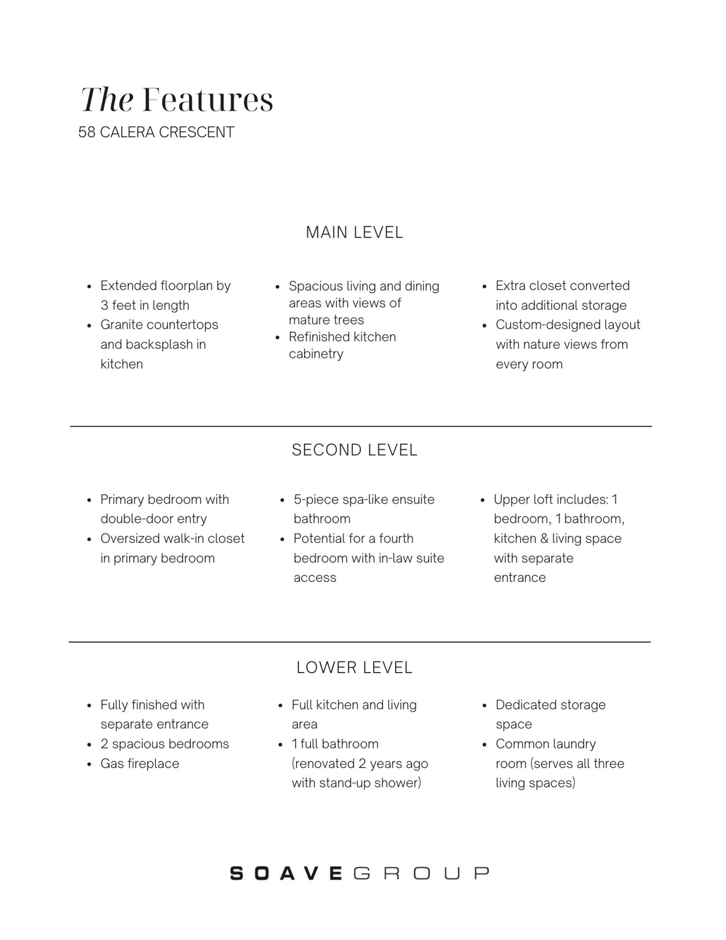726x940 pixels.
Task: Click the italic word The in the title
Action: pos(107,100)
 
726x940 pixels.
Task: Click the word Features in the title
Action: pos(208,100)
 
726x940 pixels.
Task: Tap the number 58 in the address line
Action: pos(86,132)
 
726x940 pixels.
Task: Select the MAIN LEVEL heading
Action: pos(354,233)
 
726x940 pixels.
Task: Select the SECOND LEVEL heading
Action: pos(354,450)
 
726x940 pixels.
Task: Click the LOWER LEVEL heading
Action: pos(354,668)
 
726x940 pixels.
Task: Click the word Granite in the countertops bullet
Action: pos(122,325)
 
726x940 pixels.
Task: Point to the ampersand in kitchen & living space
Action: pos(544,539)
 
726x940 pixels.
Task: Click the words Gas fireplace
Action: pos(139,764)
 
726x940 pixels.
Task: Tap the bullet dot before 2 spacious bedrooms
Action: pos(89,745)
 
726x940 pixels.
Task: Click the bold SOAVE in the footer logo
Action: pos(286,873)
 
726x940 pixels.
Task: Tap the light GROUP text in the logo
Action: pos(421,873)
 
